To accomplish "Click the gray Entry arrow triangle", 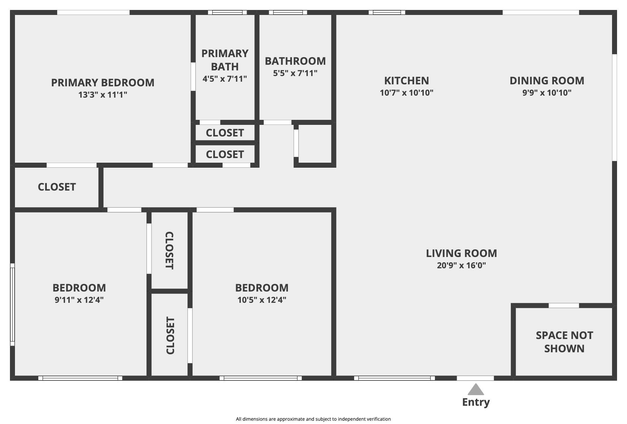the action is coord(476,389).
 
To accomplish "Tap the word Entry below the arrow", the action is coord(476,402).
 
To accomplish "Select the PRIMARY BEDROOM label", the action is coord(103,83).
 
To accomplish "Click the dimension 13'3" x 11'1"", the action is coord(103,95).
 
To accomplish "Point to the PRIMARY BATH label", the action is coord(225,60).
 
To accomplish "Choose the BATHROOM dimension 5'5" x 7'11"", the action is coord(295,73).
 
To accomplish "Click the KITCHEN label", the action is coord(406,81).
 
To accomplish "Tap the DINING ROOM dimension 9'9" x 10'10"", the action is coord(547,93).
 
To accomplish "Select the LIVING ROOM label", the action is coord(462,253).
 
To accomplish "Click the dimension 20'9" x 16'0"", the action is coord(462,265).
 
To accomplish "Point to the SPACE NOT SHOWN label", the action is coord(564,342).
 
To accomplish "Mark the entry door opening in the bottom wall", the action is coord(475,378).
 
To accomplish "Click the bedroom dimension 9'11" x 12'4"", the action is coord(79,300).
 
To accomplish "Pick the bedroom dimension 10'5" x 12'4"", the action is coord(262,300).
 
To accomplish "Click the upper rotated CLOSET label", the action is coord(169,250).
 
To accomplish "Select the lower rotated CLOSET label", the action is coord(170,335).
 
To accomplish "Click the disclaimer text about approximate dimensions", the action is coord(313,419).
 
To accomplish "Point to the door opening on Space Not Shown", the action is coord(564,305).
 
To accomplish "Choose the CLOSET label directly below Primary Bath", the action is coord(225,133).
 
